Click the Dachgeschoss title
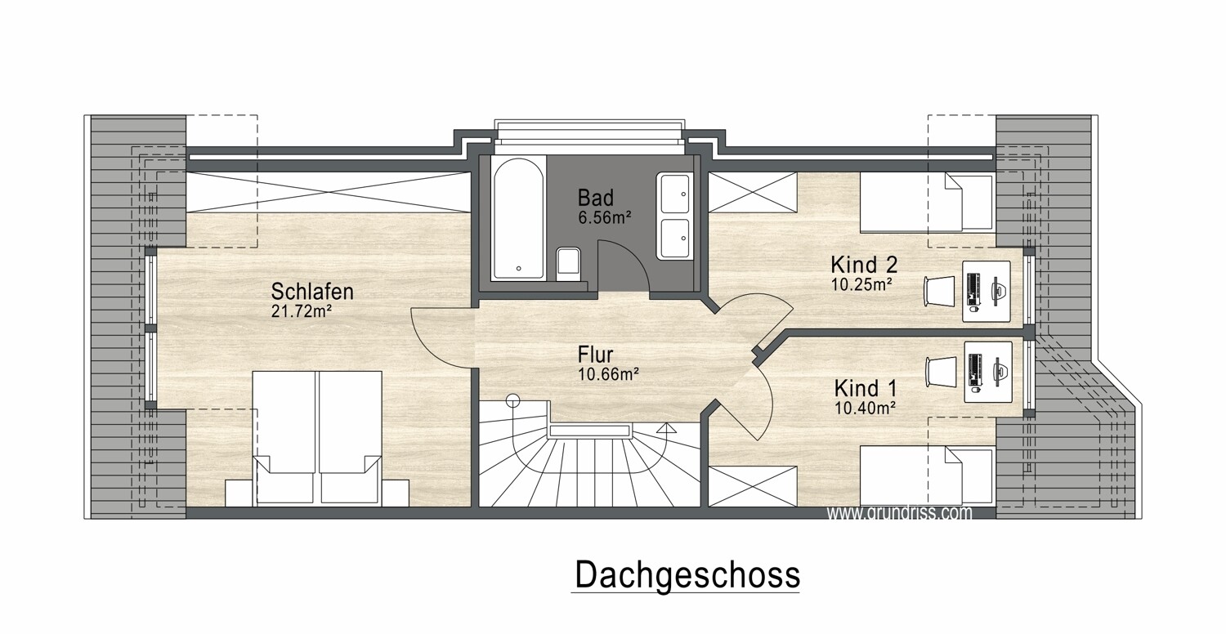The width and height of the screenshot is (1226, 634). (687, 574)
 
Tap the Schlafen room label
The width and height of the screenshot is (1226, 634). (312, 292)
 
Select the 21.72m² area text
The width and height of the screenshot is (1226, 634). (300, 310)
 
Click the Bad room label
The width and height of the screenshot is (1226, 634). (595, 198)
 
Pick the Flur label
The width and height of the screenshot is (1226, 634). (595, 355)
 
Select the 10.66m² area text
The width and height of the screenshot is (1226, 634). (606, 374)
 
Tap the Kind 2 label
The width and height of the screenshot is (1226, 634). (864, 266)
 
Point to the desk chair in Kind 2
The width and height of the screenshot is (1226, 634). (938, 290)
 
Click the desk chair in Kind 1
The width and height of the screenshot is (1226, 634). (940, 372)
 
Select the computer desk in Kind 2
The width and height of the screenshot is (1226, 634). (987, 290)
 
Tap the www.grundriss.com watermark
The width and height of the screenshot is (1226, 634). (899, 513)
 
